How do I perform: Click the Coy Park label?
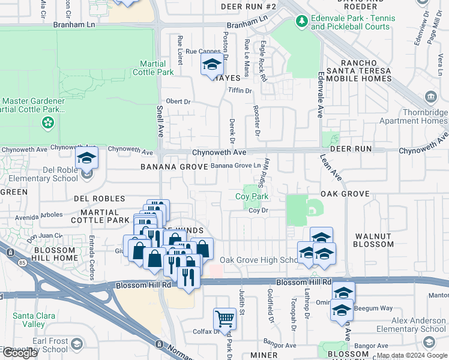[252, 196]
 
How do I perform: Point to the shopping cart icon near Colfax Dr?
[224, 319]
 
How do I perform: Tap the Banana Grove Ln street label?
[235, 165]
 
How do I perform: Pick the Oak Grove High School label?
[259, 260]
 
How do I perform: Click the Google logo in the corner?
[19, 353]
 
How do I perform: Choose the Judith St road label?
[243, 300]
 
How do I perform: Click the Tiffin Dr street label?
[240, 91]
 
